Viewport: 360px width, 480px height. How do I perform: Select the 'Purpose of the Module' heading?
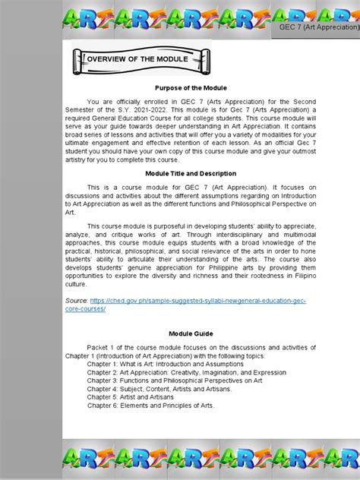191,88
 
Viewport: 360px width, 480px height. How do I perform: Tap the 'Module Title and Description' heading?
191,173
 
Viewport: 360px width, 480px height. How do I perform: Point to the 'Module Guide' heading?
191,333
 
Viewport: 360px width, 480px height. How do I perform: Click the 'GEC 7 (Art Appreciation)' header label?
317,27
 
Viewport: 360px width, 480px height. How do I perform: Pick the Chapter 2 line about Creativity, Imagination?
186,372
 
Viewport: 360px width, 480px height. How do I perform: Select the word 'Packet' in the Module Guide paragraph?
99,347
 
